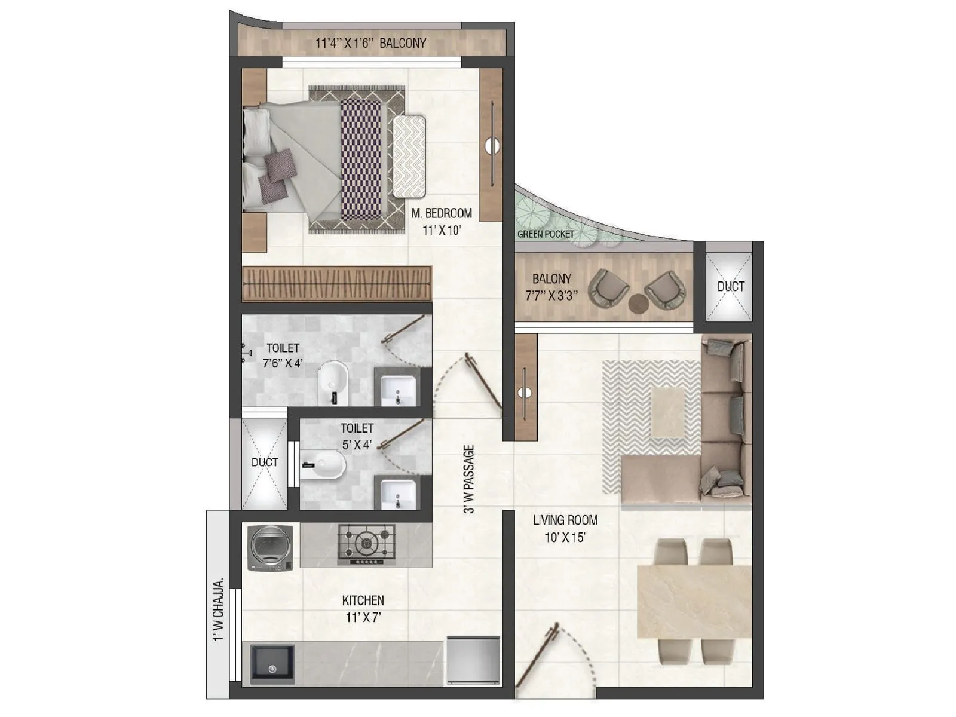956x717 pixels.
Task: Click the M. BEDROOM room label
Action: pos(441,213)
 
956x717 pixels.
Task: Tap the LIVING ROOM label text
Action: pos(565,520)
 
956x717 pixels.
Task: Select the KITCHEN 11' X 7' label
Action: pos(363,608)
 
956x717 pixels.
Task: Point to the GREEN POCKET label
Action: pos(545,234)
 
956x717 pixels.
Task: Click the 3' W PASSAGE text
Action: pos(469,479)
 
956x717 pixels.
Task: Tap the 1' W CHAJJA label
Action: pos(219,609)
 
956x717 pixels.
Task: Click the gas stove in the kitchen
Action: pos(366,544)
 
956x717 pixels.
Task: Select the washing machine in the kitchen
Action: pos(270,547)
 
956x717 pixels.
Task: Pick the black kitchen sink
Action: pos(272,664)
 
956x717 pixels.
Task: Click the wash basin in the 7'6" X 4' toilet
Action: pos(397,389)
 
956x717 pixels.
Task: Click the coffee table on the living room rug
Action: pos(669,412)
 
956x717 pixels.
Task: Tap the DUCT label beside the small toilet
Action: pos(264,462)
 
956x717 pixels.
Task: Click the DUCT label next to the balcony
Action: pos(730,286)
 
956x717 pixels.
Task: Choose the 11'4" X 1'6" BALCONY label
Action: pos(370,43)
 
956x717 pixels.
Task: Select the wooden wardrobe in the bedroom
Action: pos(336,283)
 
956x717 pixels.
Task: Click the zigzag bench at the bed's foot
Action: pos(409,156)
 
